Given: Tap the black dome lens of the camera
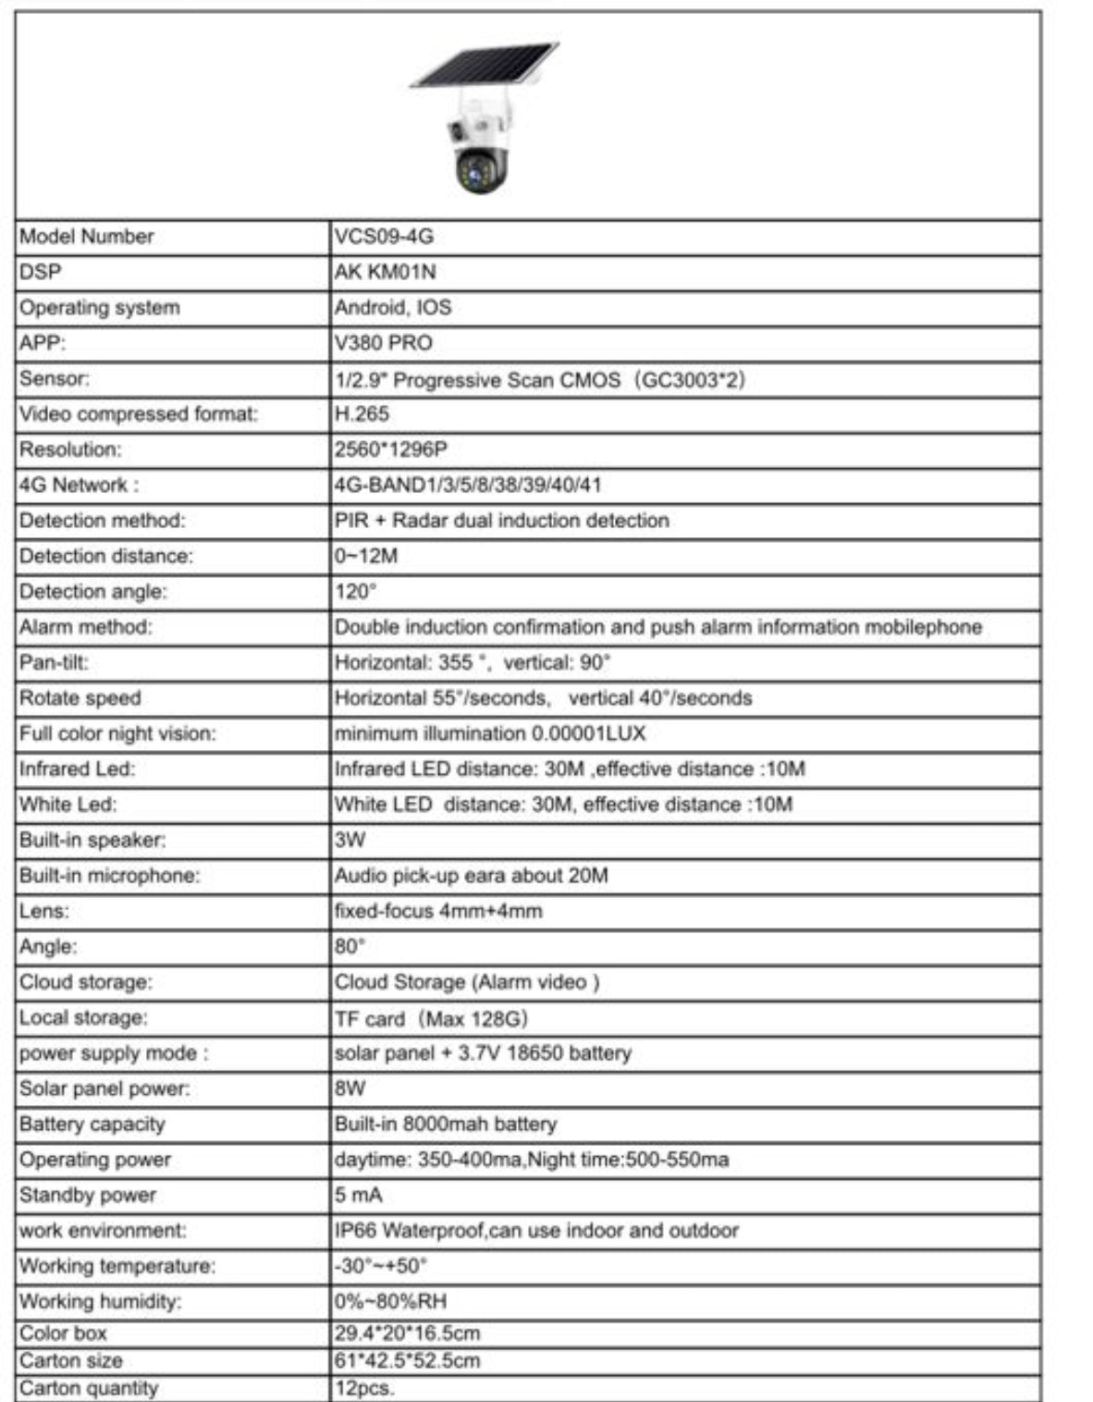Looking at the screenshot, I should [479, 171].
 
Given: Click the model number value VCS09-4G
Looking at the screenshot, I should [384, 237].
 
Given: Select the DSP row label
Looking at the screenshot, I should [34, 272].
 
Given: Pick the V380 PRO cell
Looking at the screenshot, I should [384, 343].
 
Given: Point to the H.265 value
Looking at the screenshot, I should [362, 414].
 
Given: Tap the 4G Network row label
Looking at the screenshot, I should [79, 486].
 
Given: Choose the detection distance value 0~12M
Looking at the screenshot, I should [366, 556].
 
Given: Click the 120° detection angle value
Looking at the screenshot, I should [356, 592].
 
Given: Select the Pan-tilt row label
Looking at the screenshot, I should [54, 663].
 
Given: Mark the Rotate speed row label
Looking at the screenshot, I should [80, 698].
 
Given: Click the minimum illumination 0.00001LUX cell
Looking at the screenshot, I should [490, 734].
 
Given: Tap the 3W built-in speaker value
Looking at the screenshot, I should [350, 841].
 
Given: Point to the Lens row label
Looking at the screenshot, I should [44, 911].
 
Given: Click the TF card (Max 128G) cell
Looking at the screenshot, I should [431, 1018].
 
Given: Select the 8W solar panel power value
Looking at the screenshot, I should [350, 1088].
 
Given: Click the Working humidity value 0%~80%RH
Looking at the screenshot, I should [390, 1301].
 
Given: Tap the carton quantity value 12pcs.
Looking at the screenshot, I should [364, 1388].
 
